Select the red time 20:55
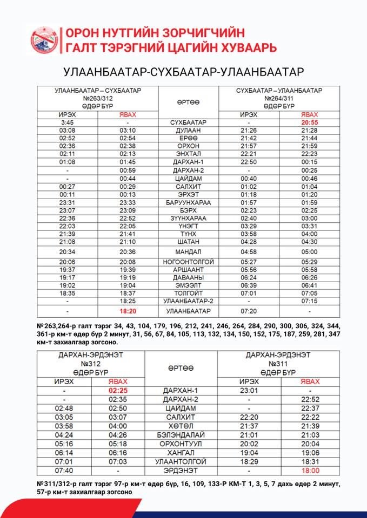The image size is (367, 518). click(309, 122)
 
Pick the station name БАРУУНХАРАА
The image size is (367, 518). click(188, 202)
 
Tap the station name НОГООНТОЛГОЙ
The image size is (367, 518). click(188, 262)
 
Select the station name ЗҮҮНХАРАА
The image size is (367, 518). click(188, 218)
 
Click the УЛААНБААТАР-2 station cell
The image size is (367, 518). click(188, 301)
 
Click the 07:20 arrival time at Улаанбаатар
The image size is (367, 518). click(248, 311)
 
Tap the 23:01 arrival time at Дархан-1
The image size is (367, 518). click(248, 390)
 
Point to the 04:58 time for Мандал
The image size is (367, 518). click(248, 251)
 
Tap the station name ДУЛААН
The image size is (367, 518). click(188, 131)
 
